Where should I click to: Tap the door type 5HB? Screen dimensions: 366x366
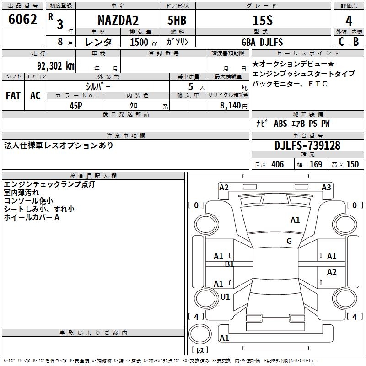tap(178, 21)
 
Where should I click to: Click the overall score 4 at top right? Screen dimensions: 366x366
tap(349, 21)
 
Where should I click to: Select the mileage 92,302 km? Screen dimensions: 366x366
tap(56, 66)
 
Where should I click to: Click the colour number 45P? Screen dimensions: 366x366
tap(76, 105)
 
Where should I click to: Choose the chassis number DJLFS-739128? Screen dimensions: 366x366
tap(307, 145)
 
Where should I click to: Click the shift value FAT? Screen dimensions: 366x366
tap(13, 96)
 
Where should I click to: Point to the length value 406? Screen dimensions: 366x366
tap(277, 165)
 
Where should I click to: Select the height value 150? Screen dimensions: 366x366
tap(352, 165)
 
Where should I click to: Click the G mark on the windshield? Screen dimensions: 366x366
tap(289, 241)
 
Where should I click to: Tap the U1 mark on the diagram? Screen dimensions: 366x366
tap(225, 297)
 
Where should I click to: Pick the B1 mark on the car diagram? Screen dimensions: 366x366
tap(230, 264)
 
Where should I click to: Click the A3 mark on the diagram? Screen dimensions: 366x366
tap(326, 187)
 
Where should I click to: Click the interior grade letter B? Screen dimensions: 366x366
tap(356, 42)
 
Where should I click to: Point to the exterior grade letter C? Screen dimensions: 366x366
tap(341, 42)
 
